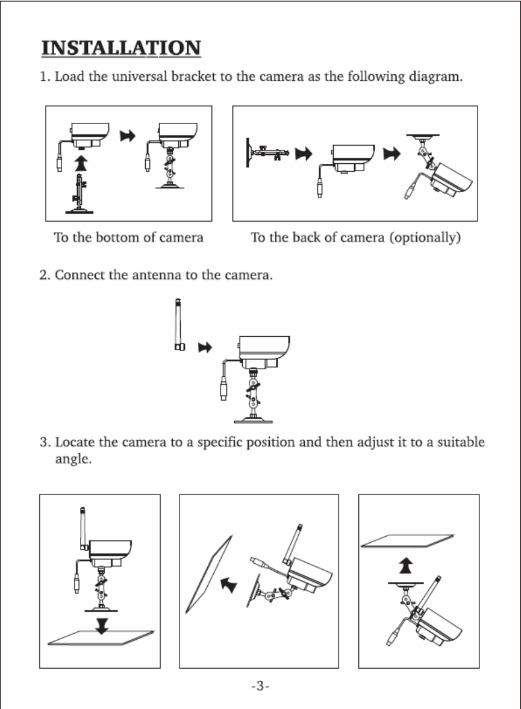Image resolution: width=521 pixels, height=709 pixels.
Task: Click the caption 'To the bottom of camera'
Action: click(x=128, y=237)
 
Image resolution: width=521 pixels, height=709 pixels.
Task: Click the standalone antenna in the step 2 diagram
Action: click(x=179, y=325)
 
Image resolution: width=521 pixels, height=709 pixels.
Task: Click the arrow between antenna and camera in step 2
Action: click(x=206, y=348)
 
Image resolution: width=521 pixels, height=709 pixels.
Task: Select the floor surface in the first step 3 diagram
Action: click(x=101, y=639)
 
